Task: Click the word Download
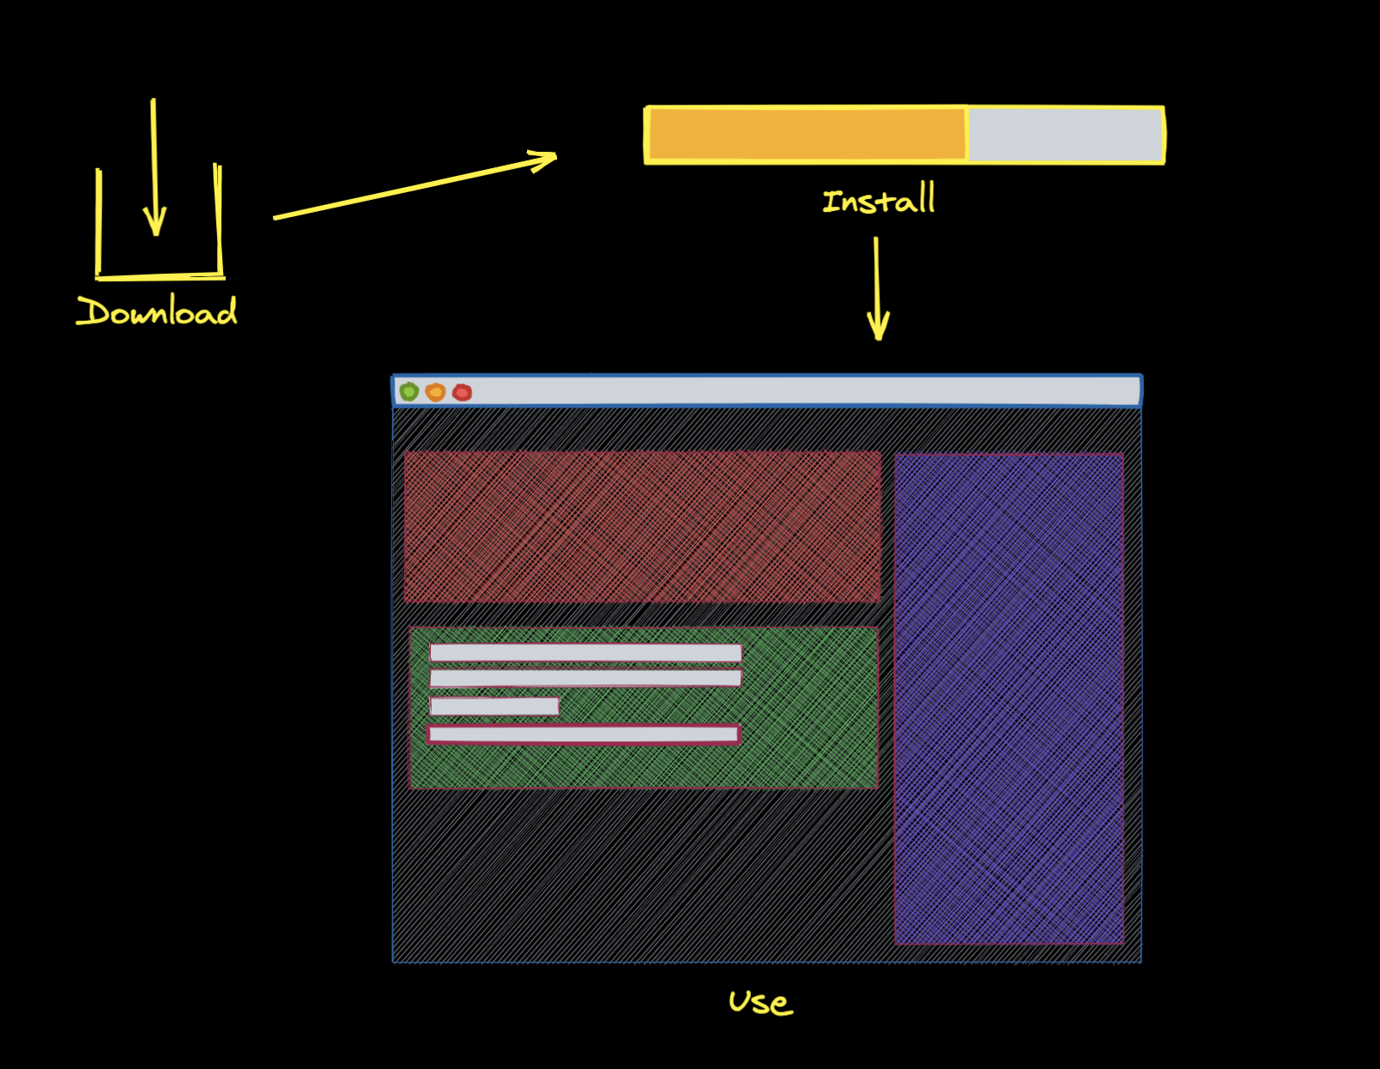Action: point(157,311)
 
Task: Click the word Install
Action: point(878,200)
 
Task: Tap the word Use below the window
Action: point(760,1001)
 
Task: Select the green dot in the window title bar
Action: point(409,392)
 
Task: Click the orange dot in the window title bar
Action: point(435,392)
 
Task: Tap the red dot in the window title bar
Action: point(462,392)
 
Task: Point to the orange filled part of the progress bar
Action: point(807,135)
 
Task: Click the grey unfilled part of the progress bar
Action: point(1064,135)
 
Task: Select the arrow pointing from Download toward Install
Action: point(415,186)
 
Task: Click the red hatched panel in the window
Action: point(642,526)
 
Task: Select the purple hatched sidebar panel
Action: point(1008,698)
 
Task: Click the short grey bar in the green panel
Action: point(494,706)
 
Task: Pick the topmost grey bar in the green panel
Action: point(585,653)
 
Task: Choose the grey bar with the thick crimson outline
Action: point(584,734)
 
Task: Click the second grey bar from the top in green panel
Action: point(585,679)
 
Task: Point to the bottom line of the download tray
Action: point(160,276)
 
